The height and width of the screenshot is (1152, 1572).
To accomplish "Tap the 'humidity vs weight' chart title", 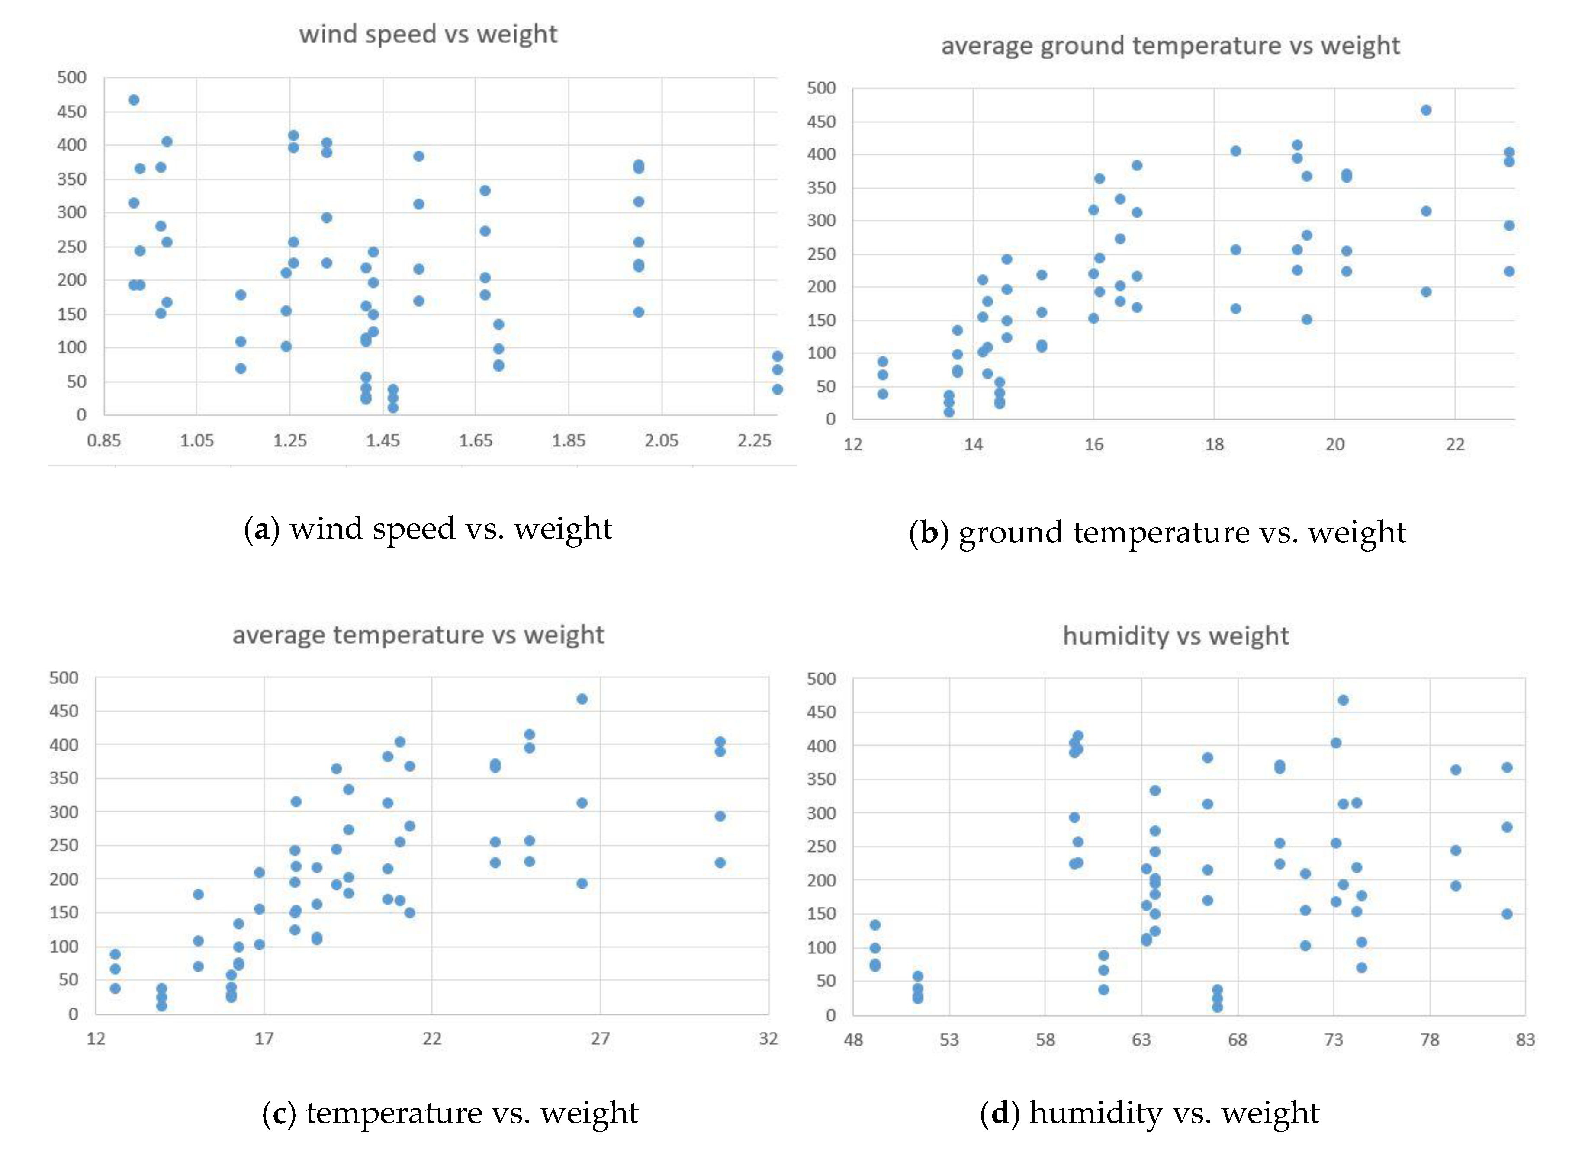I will [x=1175, y=635].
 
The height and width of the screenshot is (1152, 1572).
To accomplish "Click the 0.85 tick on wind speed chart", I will [x=104, y=441].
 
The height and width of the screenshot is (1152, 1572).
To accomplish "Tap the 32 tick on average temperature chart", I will [x=768, y=1038].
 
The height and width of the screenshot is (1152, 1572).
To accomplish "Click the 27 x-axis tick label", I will [x=600, y=1038].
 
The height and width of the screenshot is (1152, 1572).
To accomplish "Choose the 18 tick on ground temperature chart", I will [x=1214, y=444].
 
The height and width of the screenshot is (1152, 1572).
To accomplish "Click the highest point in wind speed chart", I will [x=134, y=100].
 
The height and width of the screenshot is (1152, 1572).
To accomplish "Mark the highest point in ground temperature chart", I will [x=1426, y=110].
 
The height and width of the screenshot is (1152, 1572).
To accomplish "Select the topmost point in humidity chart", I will [x=1343, y=700].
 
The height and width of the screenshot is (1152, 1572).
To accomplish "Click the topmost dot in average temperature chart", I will [x=582, y=699].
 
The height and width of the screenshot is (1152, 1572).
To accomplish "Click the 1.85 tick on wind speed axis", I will [x=569, y=441].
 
